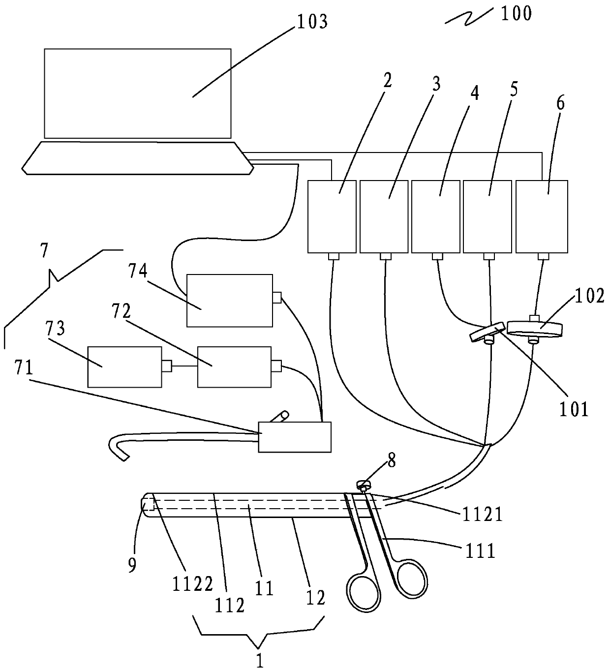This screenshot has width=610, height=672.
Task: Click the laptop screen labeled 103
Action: [x=137, y=93]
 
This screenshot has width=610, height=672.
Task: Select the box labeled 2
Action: [x=332, y=216]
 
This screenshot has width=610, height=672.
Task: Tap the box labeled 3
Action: [x=384, y=216]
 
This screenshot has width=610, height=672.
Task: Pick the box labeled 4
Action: [x=435, y=216]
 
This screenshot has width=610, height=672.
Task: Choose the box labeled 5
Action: [x=488, y=216]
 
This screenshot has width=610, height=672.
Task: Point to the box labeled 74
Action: [x=229, y=301]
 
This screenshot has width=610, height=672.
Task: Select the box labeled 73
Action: [x=124, y=367]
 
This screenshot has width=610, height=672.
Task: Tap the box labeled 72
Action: [x=234, y=367]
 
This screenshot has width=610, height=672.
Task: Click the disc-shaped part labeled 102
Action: [x=535, y=329]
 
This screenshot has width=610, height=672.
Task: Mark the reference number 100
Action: [x=516, y=13]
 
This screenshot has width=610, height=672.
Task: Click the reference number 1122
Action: [x=192, y=584]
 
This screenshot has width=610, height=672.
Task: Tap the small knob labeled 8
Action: [x=364, y=485]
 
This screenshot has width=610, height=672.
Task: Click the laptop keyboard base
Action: [x=137, y=158]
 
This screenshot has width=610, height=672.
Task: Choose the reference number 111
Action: [x=480, y=551]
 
